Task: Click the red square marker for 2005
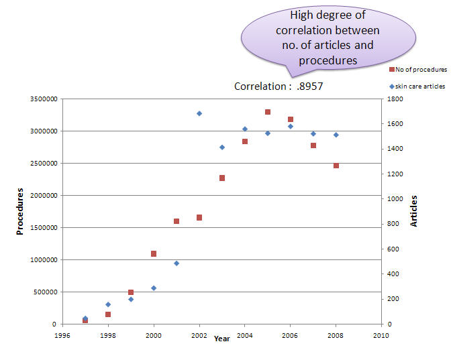[x=268, y=112]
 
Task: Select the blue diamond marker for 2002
[x=199, y=113]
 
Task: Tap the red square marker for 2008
[x=336, y=166]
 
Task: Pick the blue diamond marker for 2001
[x=177, y=263]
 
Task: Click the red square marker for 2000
[x=154, y=253]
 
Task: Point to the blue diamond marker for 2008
[x=336, y=135]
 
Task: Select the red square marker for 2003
[x=222, y=178]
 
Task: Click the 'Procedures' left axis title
[x=21, y=211]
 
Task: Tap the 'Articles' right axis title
[x=414, y=211]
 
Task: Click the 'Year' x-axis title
[x=222, y=339]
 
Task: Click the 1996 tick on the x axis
[x=62, y=335]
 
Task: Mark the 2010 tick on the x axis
[x=381, y=335]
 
